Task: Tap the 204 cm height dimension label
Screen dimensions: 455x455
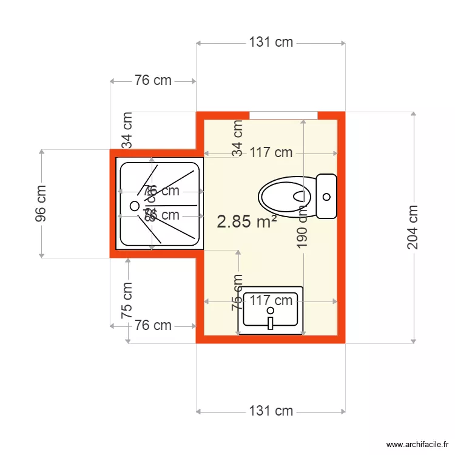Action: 413,227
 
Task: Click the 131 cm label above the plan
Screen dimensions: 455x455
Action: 271,42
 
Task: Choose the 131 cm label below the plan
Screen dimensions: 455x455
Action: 271,411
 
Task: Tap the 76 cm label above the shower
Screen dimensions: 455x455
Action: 153,80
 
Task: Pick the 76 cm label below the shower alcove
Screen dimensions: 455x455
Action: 153,326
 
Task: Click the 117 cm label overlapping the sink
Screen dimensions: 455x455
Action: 271,300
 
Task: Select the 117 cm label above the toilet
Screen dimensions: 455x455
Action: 271,153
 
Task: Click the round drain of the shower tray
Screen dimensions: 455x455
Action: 134,206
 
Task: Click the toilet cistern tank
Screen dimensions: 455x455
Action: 326,196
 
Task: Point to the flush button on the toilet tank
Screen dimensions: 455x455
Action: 327,196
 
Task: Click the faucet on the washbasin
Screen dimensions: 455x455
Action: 271,322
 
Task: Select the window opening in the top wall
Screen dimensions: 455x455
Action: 283,115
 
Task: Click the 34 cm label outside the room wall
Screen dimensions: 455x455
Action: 127,130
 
